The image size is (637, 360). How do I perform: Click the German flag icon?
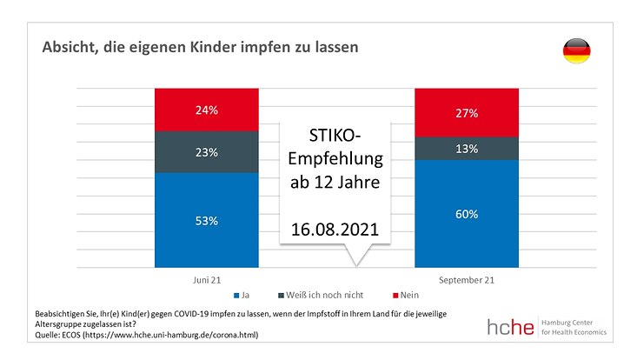(x=574, y=51)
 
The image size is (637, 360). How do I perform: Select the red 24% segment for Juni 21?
(x=207, y=110)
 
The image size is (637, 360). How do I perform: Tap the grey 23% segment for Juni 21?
(x=207, y=152)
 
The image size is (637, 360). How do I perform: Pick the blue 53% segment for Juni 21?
(x=207, y=220)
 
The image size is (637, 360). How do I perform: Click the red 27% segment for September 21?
(x=466, y=113)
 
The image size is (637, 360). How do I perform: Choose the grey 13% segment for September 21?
(x=466, y=148)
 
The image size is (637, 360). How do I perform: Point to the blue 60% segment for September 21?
(x=466, y=214)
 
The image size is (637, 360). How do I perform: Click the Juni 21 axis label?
(x=207, y=281)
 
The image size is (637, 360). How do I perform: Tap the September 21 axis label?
(x=466, y=281)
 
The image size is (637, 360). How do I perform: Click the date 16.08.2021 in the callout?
(x=335, y=231)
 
